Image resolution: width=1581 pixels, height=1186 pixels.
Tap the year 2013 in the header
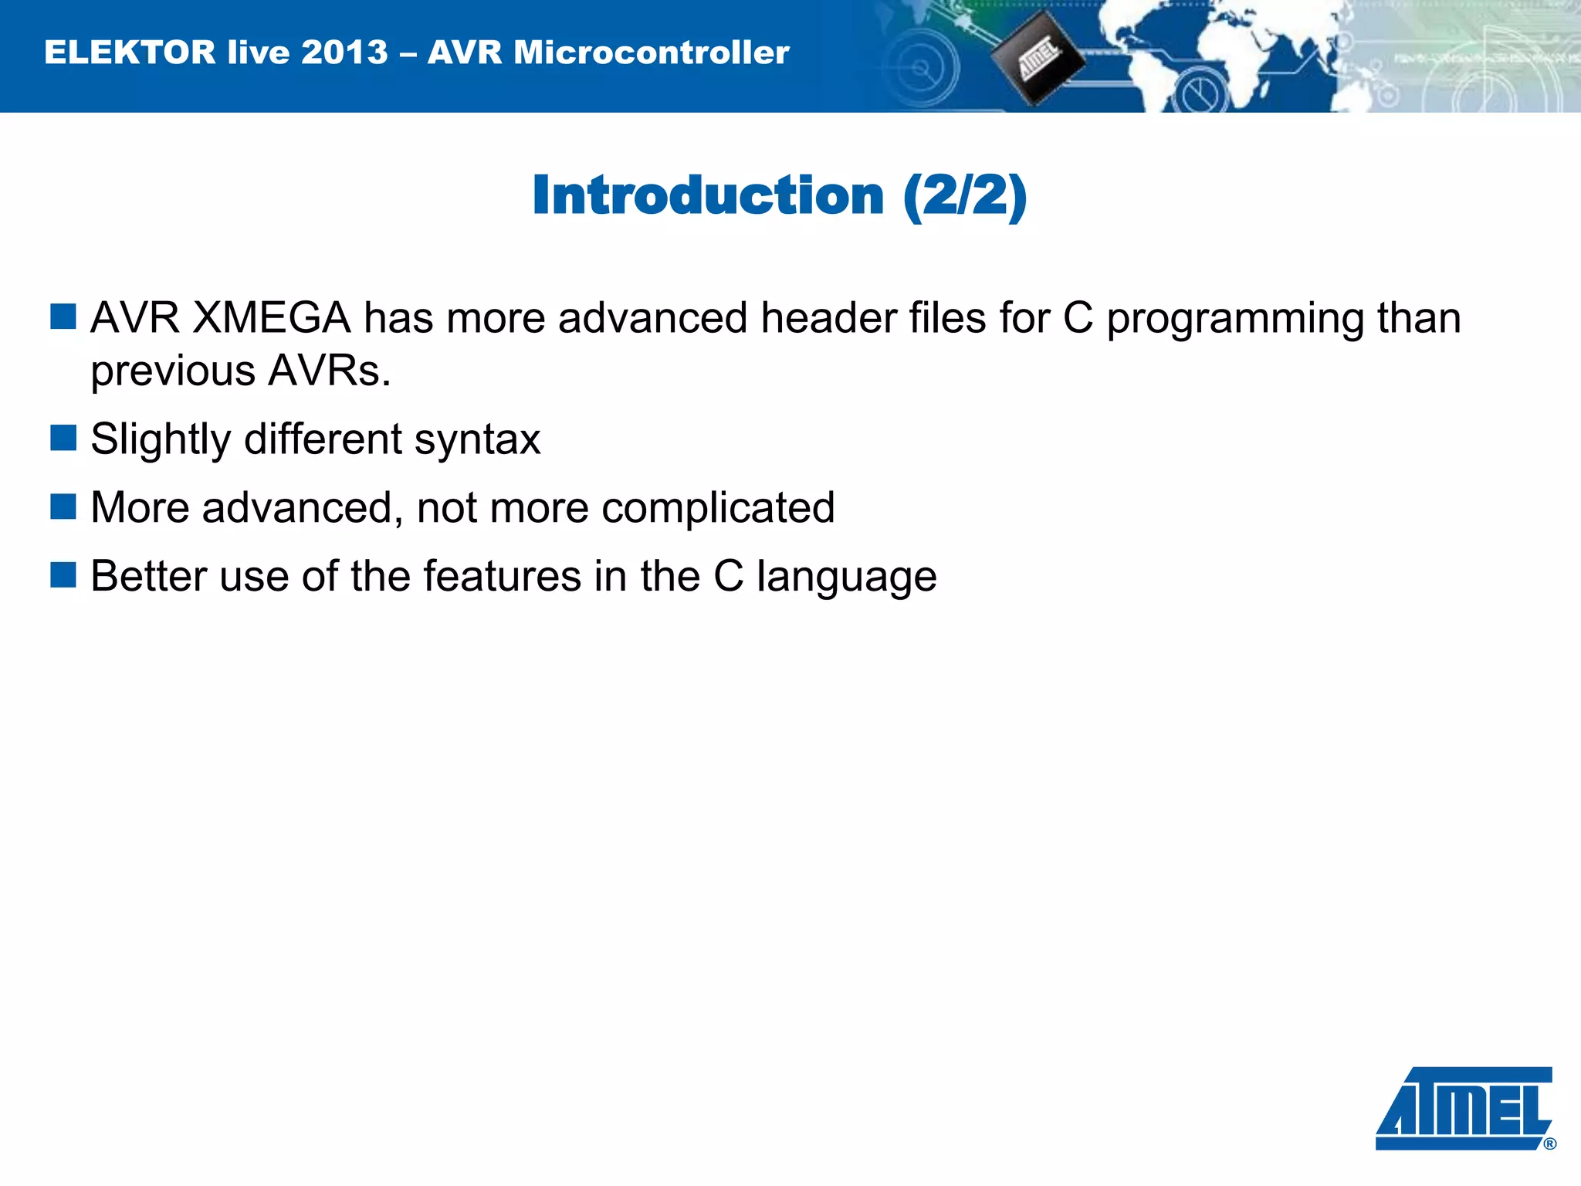click(x=344, y=53)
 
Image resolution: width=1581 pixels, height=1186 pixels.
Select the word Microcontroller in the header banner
click(x=652, y=53)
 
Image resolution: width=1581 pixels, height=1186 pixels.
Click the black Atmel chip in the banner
click(x=1037, y=59)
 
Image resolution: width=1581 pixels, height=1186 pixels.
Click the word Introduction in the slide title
click(x=707, y=195)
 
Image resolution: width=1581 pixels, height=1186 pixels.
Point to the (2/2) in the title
click(x=965, y=195)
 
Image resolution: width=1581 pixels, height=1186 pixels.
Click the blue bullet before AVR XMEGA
click(x=63, y=317)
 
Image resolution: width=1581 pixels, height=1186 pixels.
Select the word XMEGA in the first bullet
click(x=271, y=318)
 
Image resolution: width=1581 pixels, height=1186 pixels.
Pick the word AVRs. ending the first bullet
click(x=330, y=371)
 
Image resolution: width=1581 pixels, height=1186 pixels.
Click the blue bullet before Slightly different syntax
click(x=63, y=438)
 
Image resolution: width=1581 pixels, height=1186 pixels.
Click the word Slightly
click(x=161, y=440)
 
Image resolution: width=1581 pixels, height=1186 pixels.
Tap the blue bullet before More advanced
click(x=63, y=507)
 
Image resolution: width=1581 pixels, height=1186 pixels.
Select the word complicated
click(x=718, y=509)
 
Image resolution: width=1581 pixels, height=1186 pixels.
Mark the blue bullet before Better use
click(x=63, y=574)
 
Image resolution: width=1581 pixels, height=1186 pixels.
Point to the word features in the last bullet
click(x=502, y=576)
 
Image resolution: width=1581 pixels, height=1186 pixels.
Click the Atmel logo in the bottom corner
click(x=1464, y=1109)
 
